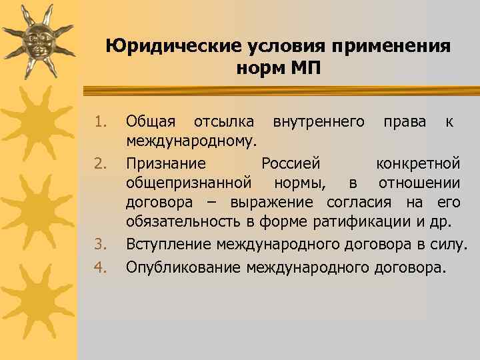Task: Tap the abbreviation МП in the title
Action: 304,68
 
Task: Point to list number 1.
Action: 100,122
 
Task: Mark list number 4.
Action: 100,268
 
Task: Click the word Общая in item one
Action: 151,121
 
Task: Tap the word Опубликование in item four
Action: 183,268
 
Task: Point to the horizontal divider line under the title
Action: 277,89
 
